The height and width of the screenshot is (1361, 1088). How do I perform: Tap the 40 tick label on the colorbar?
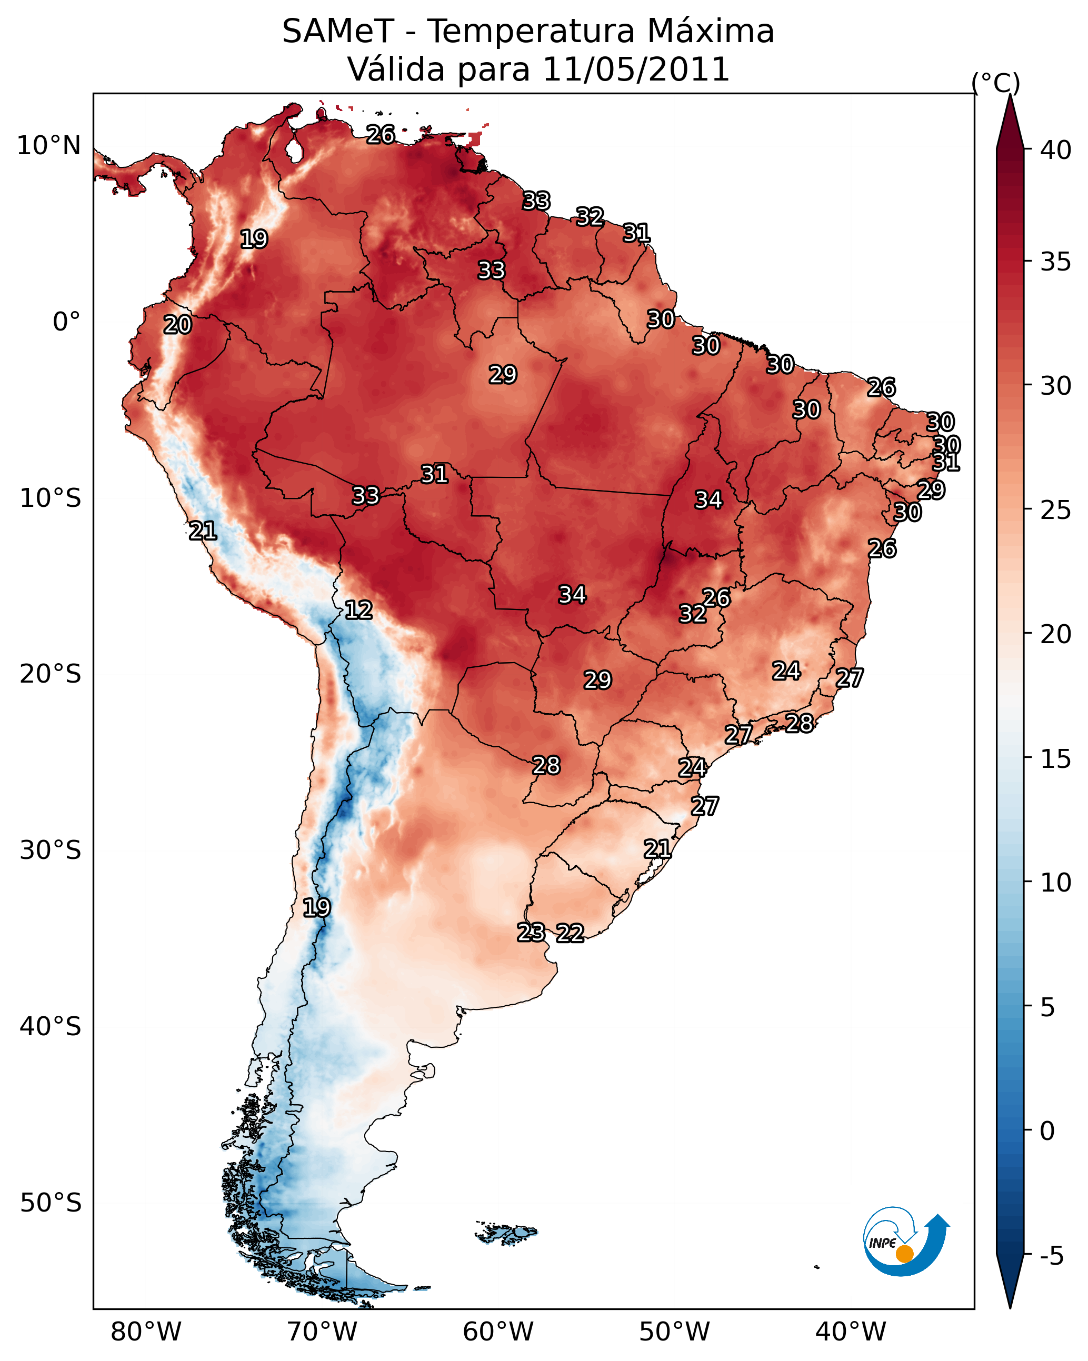click(1056, 150)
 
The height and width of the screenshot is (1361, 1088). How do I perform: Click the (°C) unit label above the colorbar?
click(995, 83)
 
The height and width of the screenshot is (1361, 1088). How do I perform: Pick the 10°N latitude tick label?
click(48, 146)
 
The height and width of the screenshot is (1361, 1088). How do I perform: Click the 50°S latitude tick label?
click(51, 1203)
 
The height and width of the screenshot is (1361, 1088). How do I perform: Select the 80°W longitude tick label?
click(146, 1332)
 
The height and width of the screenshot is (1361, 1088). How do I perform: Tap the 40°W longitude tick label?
click(851, 1332)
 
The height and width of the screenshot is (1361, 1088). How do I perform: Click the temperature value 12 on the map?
click(358, 610)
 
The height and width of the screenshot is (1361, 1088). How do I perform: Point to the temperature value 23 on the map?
click(531, 932)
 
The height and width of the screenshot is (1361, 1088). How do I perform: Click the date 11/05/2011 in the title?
click(636, 69)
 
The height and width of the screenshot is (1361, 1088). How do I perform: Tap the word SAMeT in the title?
click(338, 32)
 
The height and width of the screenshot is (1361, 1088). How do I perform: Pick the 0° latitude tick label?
click(66, 322)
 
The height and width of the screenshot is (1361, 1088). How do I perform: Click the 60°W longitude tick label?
click(498, 1332)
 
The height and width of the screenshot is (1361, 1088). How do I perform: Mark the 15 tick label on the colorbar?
click(1056, 758)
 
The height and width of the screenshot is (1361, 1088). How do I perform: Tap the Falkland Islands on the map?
click(506, 1232)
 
